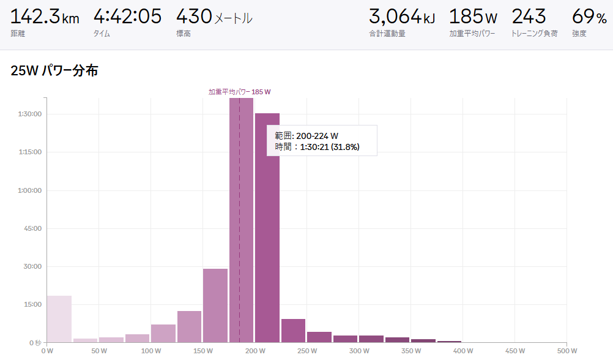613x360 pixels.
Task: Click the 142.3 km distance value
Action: pyautogui.click(x=45, y=17)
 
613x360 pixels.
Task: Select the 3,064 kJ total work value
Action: pyautogui.click(x=402, y=17)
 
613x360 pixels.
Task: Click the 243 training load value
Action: pyautogui.click(x=529, y=17)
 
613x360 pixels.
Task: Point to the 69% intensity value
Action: pyautogui.click(x=589, y=17)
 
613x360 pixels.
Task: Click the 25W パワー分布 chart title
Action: pyautogui.click(x=54, y=71)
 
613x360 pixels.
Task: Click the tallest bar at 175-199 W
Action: pyautogui.click(x=241, y=220)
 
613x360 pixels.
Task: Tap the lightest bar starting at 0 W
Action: pyautogui.click(x=59, y=318)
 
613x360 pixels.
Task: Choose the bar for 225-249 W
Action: pyautogui.click(x=293, y=331)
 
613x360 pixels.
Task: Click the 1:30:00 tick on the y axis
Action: pyautogui.click(x=29, y=114)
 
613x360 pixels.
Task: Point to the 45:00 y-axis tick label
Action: pyautogui.click(x=32, y=228)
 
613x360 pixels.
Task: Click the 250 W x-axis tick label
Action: pyautogui.click(x=306, y=351)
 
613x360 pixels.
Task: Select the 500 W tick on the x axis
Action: pyautogui.click(x=567, y=351)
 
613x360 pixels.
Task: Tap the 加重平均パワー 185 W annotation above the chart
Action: pyautogui.click(x=239, y=92)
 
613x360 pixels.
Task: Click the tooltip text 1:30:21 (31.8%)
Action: pyautogui.click(x=329, y=147)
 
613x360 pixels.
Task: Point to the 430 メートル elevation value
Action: pyautogui.click(x=214, y=17)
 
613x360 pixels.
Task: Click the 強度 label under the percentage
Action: pyautogui.click(x=579, y=34)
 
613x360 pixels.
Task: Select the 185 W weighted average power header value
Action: pyautogui.click(x=474, y=17)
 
